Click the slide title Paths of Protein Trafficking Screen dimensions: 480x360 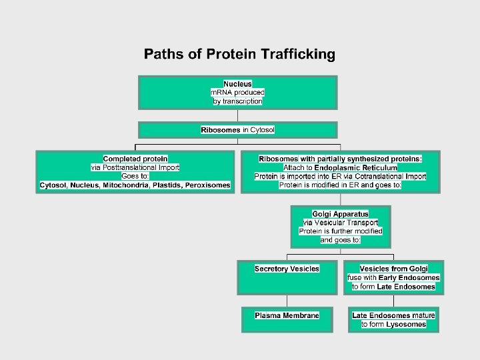click(239, 55)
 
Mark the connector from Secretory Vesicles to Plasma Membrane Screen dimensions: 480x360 click(287, 299)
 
